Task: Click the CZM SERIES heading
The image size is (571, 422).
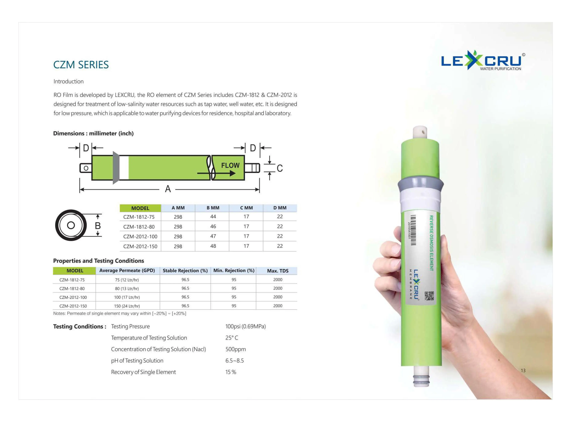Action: click(81, 65)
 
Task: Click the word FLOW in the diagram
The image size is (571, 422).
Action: click(230, 165)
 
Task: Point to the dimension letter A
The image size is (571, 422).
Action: click(168, 189)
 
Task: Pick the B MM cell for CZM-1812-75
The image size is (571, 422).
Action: click(213, 217)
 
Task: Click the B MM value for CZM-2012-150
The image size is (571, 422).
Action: click(213, 246)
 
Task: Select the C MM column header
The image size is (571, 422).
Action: click(246, 208)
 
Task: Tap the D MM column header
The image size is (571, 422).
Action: click(280, 208)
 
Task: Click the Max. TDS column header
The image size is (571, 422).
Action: click(278, 271)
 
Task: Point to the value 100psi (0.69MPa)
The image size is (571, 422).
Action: click(245, 326)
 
